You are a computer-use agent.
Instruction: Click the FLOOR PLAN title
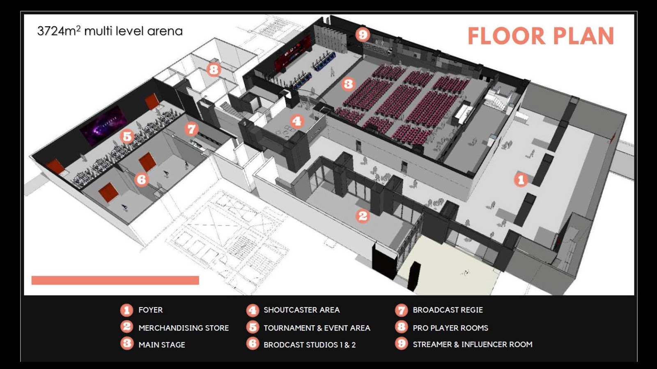pyautogui.click(x=540, y=36)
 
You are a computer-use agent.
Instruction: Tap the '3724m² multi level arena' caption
pyautogui.click(x=110, y=31)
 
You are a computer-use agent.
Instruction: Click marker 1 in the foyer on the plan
pyautogui.click(x=521, y=180)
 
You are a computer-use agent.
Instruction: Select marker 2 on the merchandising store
pyautogui.click(x=363, y=216)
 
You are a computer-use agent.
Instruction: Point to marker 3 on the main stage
pyautogui.click(x=348, y=84)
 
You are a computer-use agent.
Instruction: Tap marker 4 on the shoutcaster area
pyautogui.click(x=296, y=121)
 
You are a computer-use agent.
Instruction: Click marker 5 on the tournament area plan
pyautogui.click(x=127, y=136)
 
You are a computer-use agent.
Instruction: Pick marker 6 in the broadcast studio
pyautogui.click(x=141, y=179)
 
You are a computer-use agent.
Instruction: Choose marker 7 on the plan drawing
pyautogui.click(x=191, y=129)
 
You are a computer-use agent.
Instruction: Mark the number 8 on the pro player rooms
pyautogui.click(x=213, y=69)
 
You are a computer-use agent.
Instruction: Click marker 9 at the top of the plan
pyautogui.click(x=362, y=34)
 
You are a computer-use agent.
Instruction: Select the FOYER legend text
pyautogui.click(x=150, y=310)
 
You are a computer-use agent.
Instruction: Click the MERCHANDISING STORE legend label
pyautogui.click(x=184, y=328)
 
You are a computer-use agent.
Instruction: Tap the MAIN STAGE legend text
pyautogui.click(x=162, y=345)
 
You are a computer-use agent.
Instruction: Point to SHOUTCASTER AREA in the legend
pyautogui.click(x=301, y=310)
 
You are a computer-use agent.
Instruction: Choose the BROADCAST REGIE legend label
pyautogui.click(x=448, y=310)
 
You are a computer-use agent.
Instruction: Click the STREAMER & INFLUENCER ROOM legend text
pyautogui.click(x=472, y=344)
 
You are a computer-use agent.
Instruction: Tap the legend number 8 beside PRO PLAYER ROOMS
pyautogui.click(x=401, y=327)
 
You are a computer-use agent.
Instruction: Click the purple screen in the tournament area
pyautogui.click(x=103, y=125)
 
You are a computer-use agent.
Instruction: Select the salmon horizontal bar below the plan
pyautogui.click(x=115, y=280)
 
